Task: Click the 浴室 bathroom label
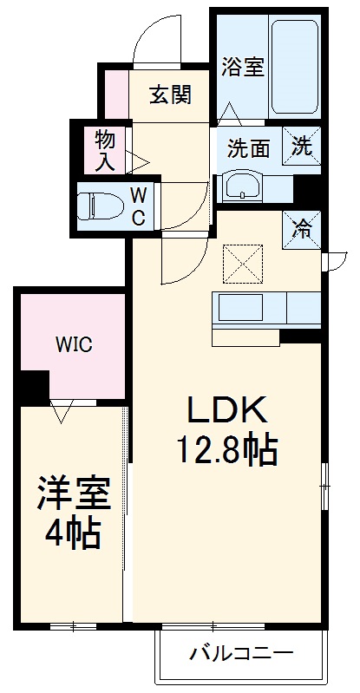tap(242, 68)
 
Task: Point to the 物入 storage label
tap(105, 149)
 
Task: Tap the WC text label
tap(137, 206)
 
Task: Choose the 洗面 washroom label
tap(249, 147)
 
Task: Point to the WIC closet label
tap(74, 344)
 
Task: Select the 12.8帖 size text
tap(227, 450)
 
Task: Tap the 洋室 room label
tap(74, 494)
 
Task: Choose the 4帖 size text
tap(73, 532)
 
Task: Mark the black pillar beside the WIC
tap(34, 385)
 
